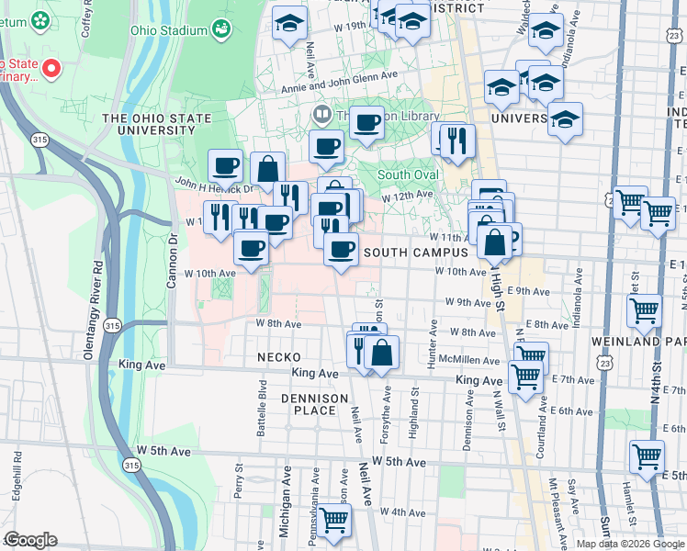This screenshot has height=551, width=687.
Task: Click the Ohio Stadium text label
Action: click(x=169, y=30)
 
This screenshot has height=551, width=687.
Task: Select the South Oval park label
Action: click(x=405, y=174)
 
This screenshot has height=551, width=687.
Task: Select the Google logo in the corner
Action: click(x=30, y=540)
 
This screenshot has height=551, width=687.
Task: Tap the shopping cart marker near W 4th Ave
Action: click(x=334, y=519)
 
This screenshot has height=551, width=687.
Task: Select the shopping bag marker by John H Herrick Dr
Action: click(x=267, y=168)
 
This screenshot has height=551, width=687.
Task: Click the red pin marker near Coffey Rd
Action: click(x=51, y=68)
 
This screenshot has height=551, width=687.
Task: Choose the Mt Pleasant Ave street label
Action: click(x=554, y=504)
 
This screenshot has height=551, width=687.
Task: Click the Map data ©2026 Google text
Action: click(x=630, y=544)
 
